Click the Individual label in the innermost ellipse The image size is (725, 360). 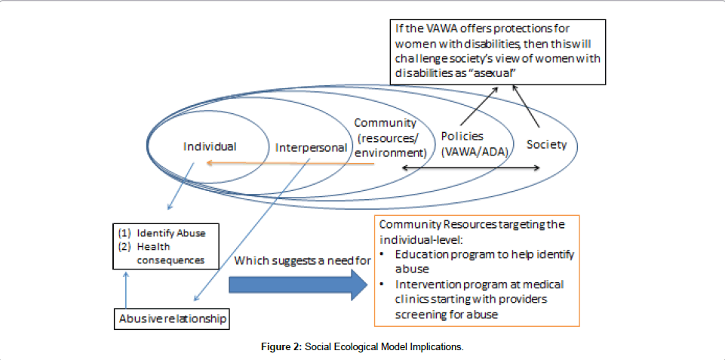[210, 146]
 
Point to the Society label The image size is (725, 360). [546, 144]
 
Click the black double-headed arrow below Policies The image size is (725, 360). [470, 168]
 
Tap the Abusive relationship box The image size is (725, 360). [173, 319]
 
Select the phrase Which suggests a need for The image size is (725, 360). [303, 261]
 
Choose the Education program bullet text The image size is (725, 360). [484, 261]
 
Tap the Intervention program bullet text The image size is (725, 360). [480, 299]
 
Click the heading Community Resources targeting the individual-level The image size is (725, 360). [472, 232]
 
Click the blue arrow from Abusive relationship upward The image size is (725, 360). [126, 291]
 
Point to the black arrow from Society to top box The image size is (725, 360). [527, 106]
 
